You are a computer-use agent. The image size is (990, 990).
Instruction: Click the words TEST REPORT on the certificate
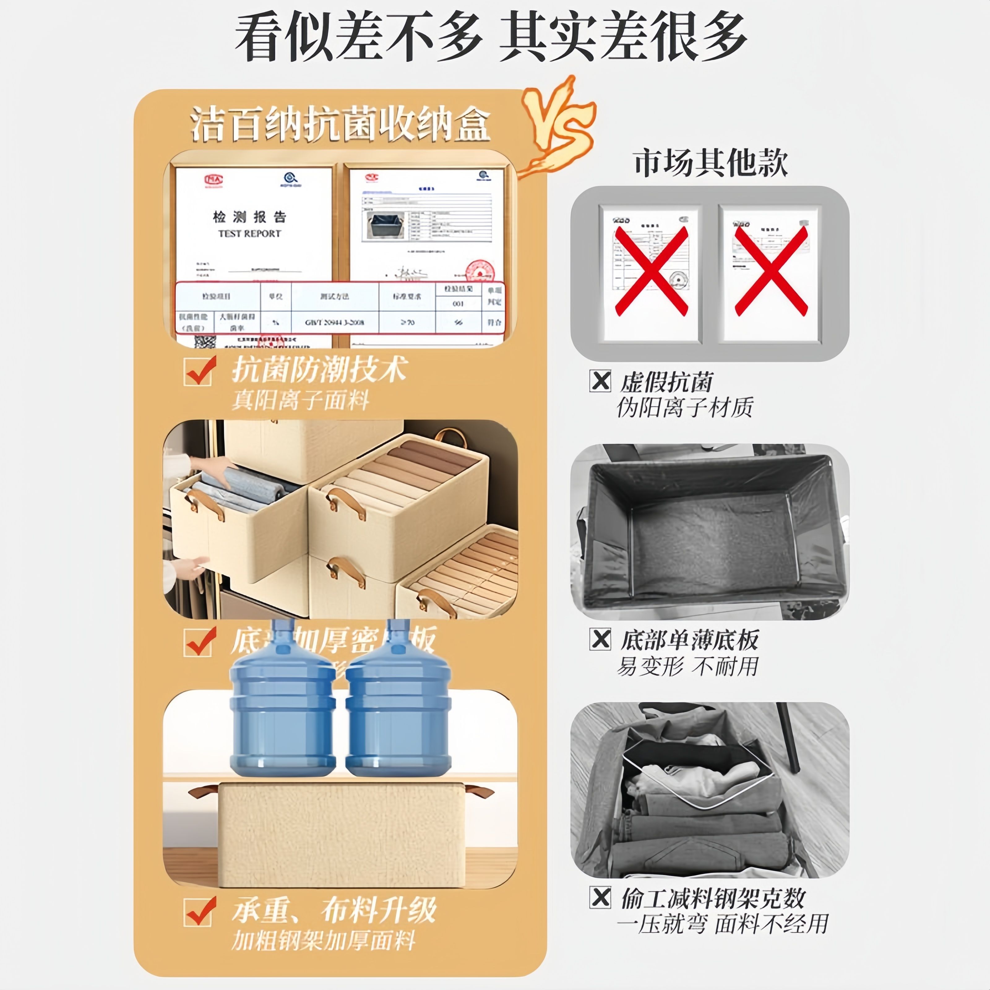point(250,234)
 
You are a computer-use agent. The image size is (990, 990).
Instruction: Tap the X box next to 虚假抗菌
point(600,381)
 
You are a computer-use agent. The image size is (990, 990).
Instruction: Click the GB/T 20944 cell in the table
point(335,323)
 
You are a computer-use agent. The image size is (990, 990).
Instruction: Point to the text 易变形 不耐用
point(687,666)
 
